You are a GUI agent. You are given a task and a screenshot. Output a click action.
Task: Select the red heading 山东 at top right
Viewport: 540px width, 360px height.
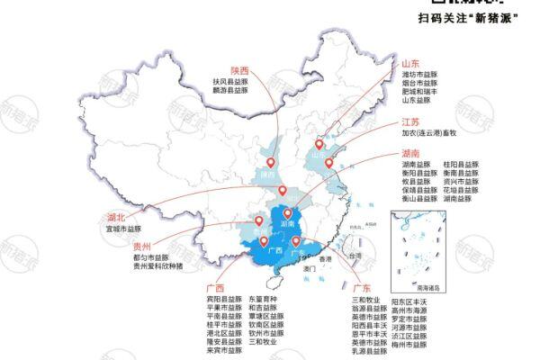click(x=411, y=64)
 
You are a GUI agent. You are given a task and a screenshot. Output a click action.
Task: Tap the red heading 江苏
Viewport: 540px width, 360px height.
click(x=411, y=121)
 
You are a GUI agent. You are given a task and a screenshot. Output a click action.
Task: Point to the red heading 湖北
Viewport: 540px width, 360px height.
click(x=115, y=217)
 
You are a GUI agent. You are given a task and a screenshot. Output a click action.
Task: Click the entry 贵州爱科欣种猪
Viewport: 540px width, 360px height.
click(x=157, y=265)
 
